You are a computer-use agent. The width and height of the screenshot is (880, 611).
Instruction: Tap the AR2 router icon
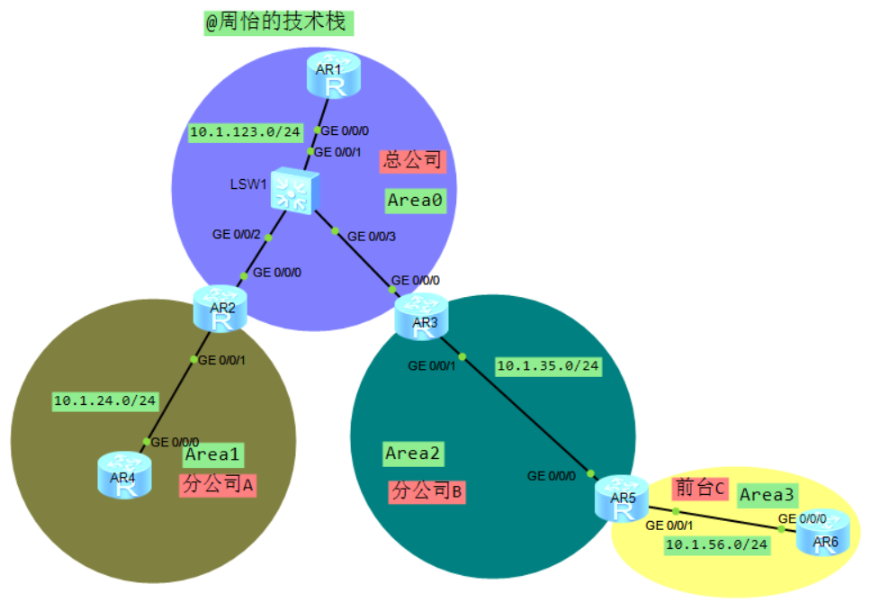[215, 308]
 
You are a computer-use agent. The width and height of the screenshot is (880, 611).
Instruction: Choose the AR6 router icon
[822, 532]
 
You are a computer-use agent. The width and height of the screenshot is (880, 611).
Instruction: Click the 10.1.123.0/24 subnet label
[245, 132]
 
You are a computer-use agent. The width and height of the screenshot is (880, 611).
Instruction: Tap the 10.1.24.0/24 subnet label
[104, 400]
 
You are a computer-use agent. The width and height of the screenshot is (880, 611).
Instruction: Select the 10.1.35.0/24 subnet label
[548, 365]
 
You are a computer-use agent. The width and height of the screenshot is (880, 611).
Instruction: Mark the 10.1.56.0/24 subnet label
[716, 544]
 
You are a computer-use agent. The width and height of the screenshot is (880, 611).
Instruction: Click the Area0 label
[415, 201]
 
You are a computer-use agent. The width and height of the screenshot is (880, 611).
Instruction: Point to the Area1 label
[214, 454]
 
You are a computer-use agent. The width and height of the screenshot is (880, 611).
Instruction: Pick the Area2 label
[415, 454]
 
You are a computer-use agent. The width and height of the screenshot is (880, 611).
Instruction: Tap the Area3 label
[767, 494]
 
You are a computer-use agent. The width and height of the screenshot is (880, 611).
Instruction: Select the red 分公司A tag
[219, 485]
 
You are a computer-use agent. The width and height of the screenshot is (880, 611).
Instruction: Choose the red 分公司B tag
[427, 491]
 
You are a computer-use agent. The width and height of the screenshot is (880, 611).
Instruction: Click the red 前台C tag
[698, 489]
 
